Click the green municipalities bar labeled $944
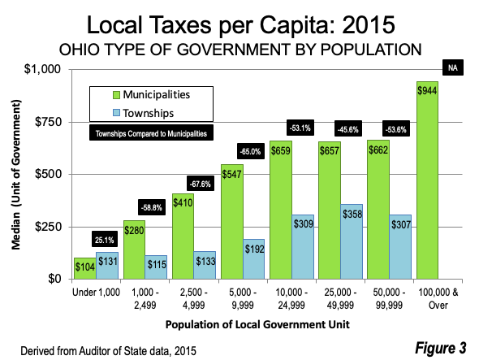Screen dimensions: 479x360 (427, 180)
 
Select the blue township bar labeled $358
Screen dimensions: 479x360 (352, 241)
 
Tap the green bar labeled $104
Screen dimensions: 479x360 (85, 268)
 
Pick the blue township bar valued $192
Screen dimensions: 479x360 (253, 259)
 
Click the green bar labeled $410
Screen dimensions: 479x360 (183, 236)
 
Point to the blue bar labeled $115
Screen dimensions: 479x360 (156, 267)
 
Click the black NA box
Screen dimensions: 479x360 (453, 67)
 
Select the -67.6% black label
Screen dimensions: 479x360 (201, 184)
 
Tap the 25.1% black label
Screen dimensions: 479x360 (105, 239)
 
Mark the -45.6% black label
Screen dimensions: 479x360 (348, 128)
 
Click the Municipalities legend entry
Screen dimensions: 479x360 (152, 95)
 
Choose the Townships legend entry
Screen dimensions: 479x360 (143, 113)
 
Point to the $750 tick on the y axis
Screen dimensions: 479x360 (48, 122)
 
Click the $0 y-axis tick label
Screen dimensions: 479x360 (54, 279)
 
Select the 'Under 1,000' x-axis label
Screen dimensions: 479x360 (96, 293)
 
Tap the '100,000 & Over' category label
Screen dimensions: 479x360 (438, 298)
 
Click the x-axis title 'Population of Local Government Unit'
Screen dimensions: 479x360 (257, 324)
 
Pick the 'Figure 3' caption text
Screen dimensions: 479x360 (441, 348)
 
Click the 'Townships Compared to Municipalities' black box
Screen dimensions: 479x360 (151, 132)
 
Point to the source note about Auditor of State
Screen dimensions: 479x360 (108, 350)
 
